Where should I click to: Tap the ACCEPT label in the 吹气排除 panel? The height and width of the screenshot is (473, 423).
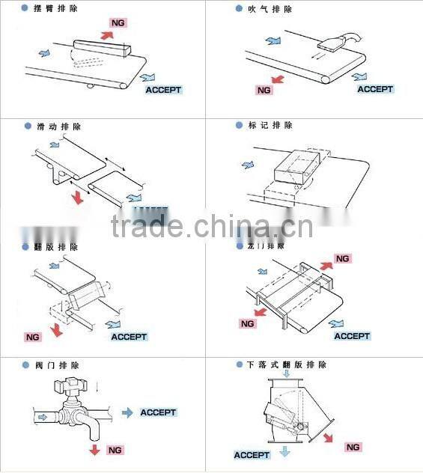click(x=375, y=89)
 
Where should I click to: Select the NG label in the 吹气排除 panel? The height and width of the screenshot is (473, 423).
click(x=264, y=90)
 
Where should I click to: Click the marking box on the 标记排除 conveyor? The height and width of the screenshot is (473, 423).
click(x=299, y=165)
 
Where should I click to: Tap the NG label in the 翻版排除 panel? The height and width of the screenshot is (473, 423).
click(x=32, y=337)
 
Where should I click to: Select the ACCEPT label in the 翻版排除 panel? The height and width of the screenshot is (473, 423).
click(x=129, y=337)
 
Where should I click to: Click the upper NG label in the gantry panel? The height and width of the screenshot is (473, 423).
click(x=342, y=258)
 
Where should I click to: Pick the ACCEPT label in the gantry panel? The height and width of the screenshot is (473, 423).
click(x=352, y=336)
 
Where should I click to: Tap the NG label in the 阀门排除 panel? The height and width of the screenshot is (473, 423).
click(x=115, y=450)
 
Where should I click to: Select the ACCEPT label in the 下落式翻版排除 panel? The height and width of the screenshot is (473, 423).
click(x=252, y=455)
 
